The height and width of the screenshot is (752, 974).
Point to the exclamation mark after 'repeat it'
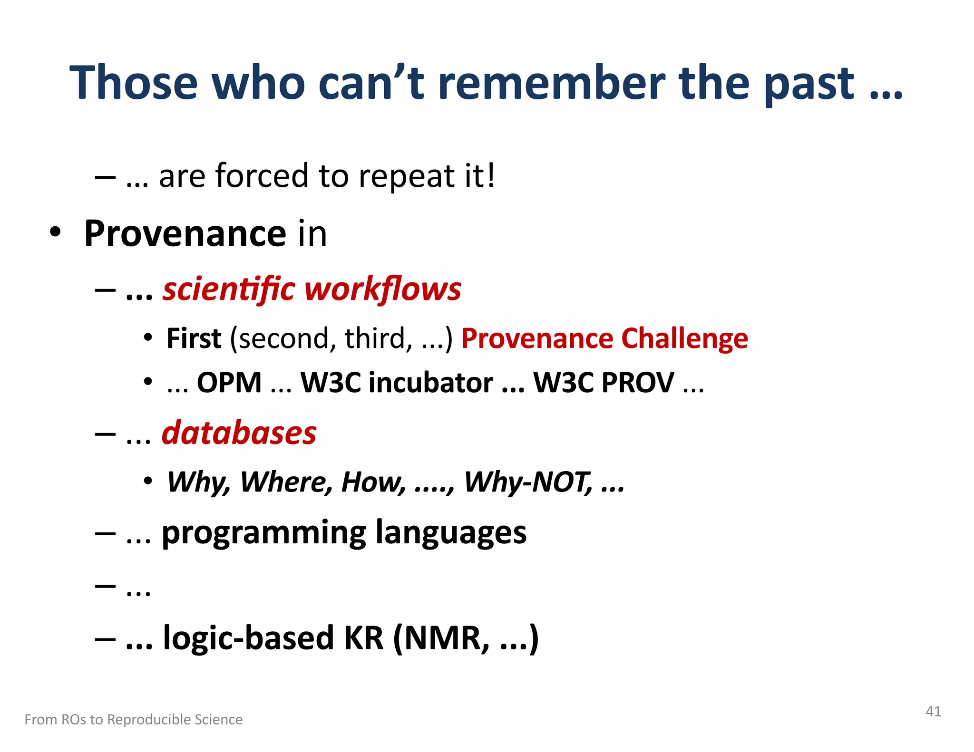pyautogui.click(x=490, y=175)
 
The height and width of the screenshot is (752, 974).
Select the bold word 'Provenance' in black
pyautogui.click(x=185, y=234)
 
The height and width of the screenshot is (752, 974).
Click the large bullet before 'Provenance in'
pyautogui.click(x=56, y=232)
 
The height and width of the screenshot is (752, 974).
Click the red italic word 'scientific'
pyautogui.click(x=229, y=289)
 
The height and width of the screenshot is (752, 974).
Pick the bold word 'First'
pyautogui.click(x=194, y=338)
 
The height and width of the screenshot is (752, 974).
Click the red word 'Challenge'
pyautogui.click(x=684, y=338)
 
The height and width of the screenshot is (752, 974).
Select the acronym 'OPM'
pyautogui.click(x=229, y=383)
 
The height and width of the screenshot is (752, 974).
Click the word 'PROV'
pyautogui.click(x=637, y=383)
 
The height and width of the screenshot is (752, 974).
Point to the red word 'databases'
pyautogui.click(x=239, y=434)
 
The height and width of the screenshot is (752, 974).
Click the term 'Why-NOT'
pyautogui.click(x=528, y=482)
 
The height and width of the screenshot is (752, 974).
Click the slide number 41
pyautogui.click(x=933, y=712)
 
